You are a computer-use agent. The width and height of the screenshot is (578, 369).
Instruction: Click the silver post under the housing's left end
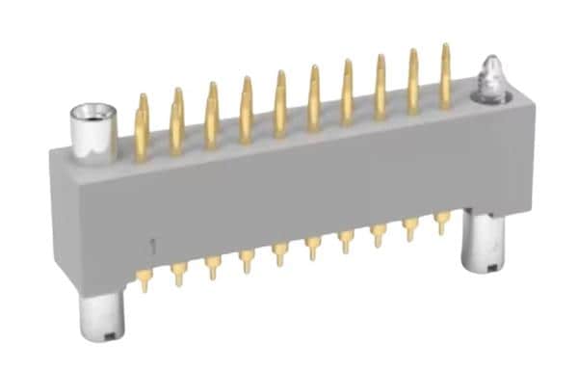click(x=102, y=317)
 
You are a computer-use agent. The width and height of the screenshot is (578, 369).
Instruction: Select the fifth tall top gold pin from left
click(x=280, y=103)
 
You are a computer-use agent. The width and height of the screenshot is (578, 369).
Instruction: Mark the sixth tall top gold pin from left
click(x=314, y=97)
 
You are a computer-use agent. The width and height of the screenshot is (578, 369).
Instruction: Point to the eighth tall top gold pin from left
click(x=381, y=87)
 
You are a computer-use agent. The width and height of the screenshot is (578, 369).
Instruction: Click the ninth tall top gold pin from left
click(x=413, y=81)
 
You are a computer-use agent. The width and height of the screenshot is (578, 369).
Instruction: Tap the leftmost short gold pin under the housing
click(x=144, y=279)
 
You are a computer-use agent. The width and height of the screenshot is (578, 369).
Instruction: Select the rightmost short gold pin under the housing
click(x=442, y=223)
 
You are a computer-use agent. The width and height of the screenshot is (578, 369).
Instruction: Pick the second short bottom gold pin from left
click(x=178, y=274)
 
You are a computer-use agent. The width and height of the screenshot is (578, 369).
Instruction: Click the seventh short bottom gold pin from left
click(x=346, y=240)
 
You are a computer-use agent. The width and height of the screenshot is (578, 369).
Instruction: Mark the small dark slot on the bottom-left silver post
click(x=113, y=335)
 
